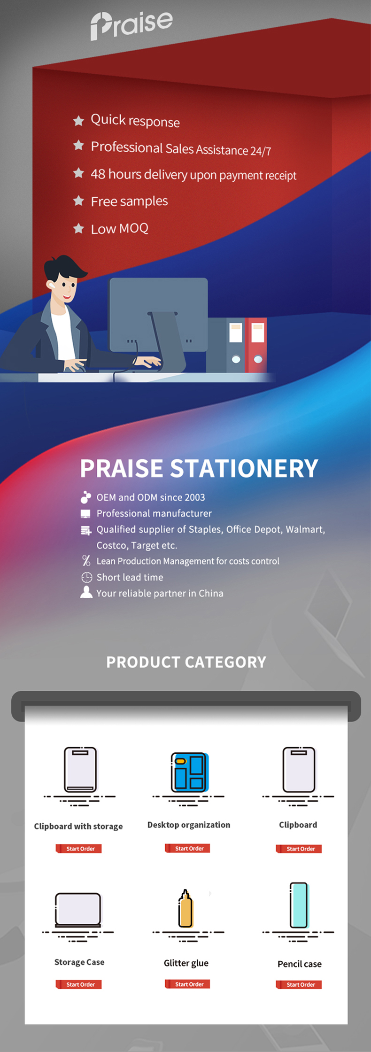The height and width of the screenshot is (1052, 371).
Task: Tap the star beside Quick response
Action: [x=78, y=121]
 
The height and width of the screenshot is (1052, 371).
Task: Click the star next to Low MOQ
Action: [x=78, y=229]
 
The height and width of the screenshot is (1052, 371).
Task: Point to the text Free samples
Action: [x=129, y=201]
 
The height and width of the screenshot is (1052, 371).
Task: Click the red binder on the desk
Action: [x=256, y=345]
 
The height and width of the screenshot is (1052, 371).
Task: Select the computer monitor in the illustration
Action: [x=158, y=314]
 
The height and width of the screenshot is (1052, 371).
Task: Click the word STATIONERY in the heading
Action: [x=244, y=468]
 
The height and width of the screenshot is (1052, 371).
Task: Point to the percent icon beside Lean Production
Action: [x=86, y=561]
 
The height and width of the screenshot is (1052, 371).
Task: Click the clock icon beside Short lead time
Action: [x=86, y=577]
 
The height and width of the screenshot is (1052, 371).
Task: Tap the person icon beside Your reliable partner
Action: [x=86, y=592]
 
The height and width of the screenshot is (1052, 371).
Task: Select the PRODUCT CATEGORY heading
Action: [x=186, y=662]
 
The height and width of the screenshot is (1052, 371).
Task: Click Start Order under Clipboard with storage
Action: [x=79, y=849]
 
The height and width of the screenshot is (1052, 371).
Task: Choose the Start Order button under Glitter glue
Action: [x=187, y=984]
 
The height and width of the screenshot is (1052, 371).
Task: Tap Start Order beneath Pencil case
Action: [x=299, y=984]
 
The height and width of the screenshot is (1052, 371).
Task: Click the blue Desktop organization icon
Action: [x=189, y=772]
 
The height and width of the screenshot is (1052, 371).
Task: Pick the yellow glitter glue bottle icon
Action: [x=185, y=909]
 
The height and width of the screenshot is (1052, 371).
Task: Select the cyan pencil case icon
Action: [x=299, y=905]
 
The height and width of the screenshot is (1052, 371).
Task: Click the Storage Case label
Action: [x=79, y=962]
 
